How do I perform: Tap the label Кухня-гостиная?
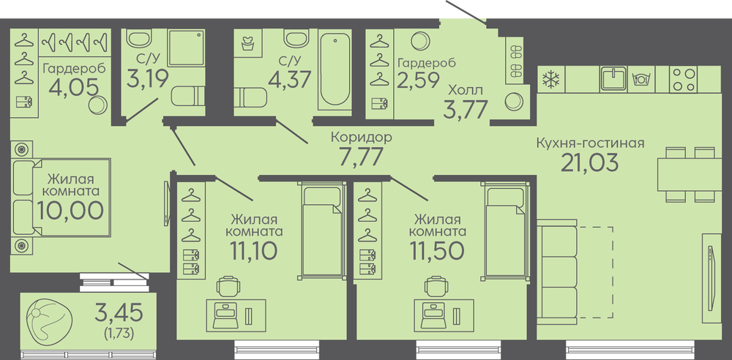pyautogui.click(x=590, y=143)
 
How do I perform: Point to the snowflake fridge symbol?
pyautogui.click(x=551, y=79)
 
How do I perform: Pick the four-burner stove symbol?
pyautogui.click(x=683, y=79)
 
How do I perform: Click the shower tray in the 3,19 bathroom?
pyautogui.click(x=186, y=48)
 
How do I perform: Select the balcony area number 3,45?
pyautogui.click(x=119, y=312)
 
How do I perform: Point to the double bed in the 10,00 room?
pyautogui.click(x=61, y=197)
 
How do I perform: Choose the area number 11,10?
pyautogui.click(x=253, y=251)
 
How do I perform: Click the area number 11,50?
pyautogui.click(x=438, y=251)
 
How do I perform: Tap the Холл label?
pyautogui.click(x=466, y=90)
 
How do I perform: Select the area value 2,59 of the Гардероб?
pyautogui.click(x=418, y=80)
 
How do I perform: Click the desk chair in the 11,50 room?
pyautogui.click(x=436, y=286)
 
